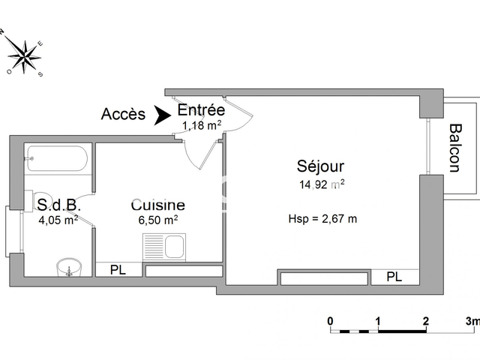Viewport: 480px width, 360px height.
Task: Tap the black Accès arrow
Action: (x=162, y=115)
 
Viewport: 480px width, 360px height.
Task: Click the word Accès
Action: (x=123, y=114)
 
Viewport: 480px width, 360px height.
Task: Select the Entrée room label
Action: (x=201, y=110)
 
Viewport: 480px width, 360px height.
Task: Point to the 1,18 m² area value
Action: (x=202, y=125)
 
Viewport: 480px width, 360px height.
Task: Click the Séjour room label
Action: (x=320, y=166)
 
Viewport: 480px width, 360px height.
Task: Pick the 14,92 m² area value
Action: (x=322, y=184)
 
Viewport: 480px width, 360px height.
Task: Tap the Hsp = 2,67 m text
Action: (x=322, y=219)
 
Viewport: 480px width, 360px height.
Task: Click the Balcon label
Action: (x=455, y=148)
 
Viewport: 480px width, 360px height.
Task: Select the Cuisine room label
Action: (x=158, y=205)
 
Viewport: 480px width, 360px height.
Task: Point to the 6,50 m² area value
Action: (x=158, y=220)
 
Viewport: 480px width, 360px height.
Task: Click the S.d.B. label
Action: (x=58, y=205)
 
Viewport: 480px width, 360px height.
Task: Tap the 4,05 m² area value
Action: (x=58, y=220)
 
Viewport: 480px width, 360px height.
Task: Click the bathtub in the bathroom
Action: (x=57, y=158)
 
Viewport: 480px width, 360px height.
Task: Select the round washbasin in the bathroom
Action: (x=70, y=267)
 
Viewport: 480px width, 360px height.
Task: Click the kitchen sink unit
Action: (x=164, y=247)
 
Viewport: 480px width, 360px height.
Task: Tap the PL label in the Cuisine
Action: (x=118, y=270)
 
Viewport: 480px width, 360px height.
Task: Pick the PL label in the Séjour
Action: (x=394, y=277)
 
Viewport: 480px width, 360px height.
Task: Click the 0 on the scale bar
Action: (x=330, y=321)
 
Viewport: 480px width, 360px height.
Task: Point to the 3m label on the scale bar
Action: (x=472, y=321)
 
